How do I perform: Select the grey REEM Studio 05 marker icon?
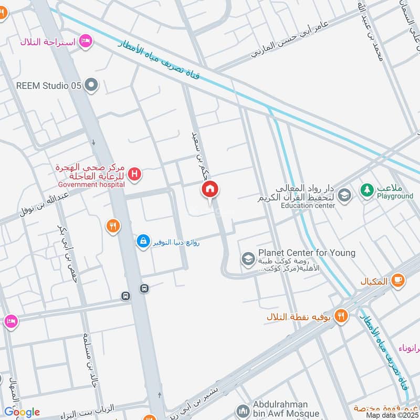click(92, 85)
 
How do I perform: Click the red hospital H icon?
click(135, 174)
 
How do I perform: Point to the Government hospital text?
click(91, 184)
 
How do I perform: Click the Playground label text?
click(395, 196)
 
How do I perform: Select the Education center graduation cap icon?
click(344, 196)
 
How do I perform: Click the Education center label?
click(308, 206)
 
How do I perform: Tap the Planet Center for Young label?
click(306, 253)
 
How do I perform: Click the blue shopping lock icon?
click(142, 241)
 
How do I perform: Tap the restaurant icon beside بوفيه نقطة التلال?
click(342, 316)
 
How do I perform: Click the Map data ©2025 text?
click(391, 415)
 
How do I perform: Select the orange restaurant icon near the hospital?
click(112, 227)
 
